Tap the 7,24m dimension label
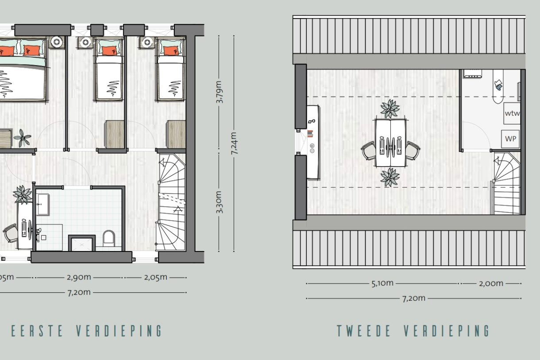[234, 143]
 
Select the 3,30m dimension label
[220, 202]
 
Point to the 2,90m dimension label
[79, 277]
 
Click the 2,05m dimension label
[155, 277]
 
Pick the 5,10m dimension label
[382, 283]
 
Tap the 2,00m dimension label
[491, 283]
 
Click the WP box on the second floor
[511, 139]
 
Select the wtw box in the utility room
[512, 113]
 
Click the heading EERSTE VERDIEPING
[87, 331]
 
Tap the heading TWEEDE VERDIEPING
[413, 331]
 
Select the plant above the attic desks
[390, 108]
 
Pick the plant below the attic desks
[390, 177]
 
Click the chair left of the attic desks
[369, 150]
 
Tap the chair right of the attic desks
[413, 150]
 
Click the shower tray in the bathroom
[81, 244]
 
